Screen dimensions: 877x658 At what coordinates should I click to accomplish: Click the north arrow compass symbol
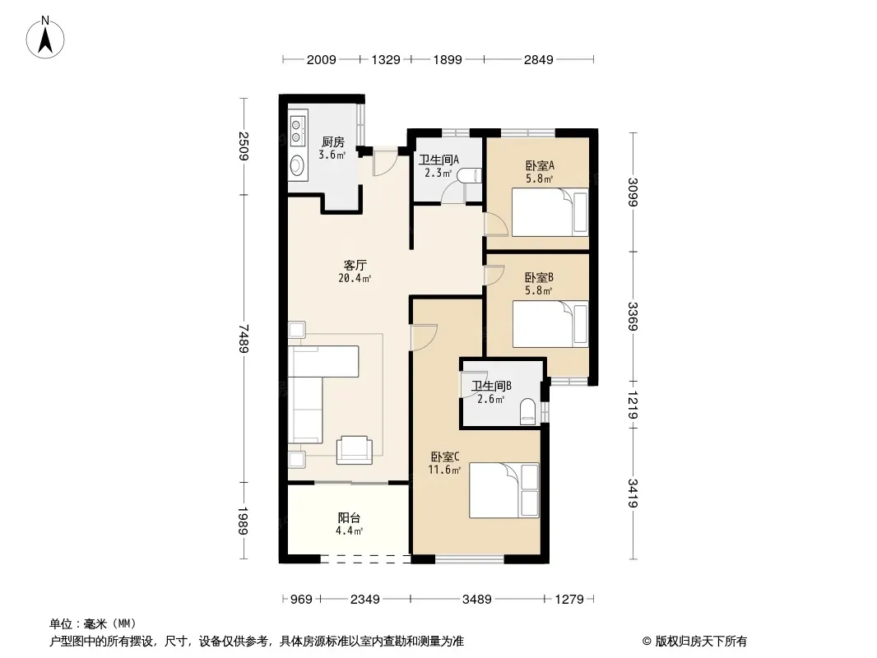click(45, 37)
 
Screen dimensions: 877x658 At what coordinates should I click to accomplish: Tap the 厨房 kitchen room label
click(333, 142)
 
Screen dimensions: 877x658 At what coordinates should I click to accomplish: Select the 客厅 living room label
click(355, 265)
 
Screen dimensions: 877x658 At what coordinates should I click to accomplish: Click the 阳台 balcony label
click(349, 518)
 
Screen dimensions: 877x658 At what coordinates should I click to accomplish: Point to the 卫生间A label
click(439, 160)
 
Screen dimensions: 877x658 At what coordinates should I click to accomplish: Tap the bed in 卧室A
click(550, 212)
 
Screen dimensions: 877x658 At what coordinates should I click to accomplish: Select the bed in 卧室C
click(504, 490)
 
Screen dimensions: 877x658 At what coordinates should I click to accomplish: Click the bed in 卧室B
click(550, 324)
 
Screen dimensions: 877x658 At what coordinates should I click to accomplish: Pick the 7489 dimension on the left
click(244, 338)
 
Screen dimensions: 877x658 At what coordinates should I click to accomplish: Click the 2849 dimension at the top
click(539, 59)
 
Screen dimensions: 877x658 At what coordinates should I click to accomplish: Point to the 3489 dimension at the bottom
click(476, 600)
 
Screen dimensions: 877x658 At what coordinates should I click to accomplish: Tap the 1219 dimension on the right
click(633, 405)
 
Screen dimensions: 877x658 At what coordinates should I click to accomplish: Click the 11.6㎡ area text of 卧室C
click(444, 470)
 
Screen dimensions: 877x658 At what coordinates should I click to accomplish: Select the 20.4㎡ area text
click(355, 278)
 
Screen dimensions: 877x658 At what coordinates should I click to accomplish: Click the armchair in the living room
click(355, 450)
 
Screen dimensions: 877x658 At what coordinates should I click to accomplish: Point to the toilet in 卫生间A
click(469, 175)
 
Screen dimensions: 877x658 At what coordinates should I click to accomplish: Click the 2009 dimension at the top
click(322, 59)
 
